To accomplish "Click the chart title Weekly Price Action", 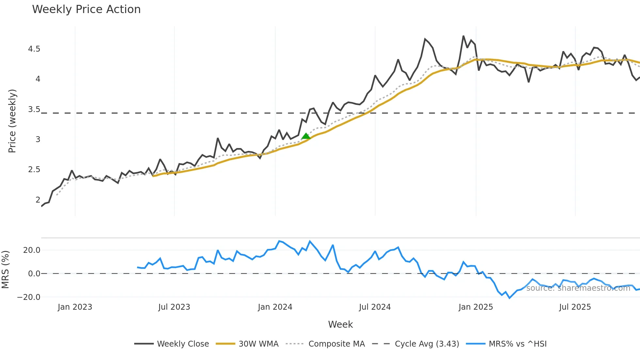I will tap(86, 9).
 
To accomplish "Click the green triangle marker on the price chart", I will tap(306, 136).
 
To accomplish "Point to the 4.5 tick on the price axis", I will tap(34, 49).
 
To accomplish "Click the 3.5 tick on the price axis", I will tap(34, 109).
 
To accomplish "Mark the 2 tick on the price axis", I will tap(38, 200).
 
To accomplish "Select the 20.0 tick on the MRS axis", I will tap(32, 250).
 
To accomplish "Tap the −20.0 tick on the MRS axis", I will tap(29, 297).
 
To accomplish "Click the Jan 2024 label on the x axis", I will tap(275, 307).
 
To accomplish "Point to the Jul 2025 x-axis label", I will tap(575, 307).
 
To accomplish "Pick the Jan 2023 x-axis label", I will tap(75, 307).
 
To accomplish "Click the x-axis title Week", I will tap(340, 324).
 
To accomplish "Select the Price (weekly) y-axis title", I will tap(12, 121).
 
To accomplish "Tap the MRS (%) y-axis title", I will tap(5, 270).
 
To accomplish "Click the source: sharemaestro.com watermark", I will tap(578, 288).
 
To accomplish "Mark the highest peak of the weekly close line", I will tap(463, 36).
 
